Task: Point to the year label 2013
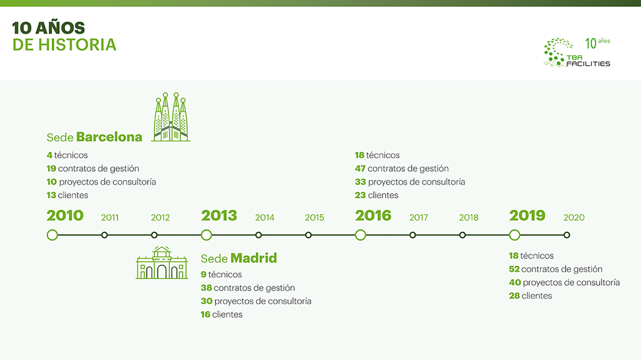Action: (219, 216)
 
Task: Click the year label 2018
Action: (469, 218)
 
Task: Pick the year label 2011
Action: (109, 218)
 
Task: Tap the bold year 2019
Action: (527, 216)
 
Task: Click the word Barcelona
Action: (109, 137)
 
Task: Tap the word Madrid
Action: (254, 258)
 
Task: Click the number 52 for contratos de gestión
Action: (514, 269)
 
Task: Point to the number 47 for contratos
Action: (360, 168)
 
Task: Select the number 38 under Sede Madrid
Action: (206, 288)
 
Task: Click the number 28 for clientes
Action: (514, 296)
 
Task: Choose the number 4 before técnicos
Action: (50, 155)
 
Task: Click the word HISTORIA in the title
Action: (77, 45)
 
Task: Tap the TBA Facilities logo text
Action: (588, 61)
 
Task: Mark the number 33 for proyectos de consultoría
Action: (361, 182)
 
